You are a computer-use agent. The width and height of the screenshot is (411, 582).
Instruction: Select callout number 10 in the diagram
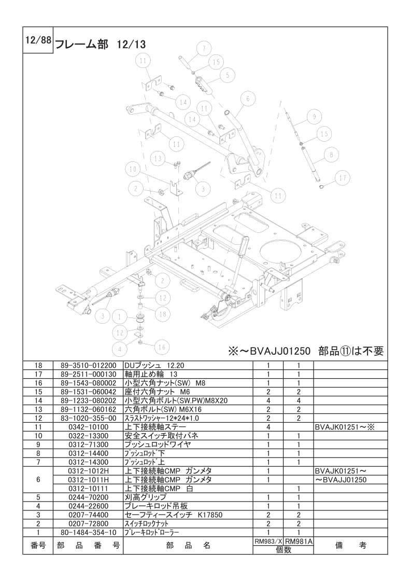[x=132, y=169]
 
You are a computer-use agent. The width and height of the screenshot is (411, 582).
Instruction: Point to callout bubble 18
[x=162, y=314]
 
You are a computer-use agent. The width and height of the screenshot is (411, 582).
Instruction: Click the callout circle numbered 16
[x=162, y=347]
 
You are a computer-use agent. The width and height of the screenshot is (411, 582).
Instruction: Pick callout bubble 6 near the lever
[x=248, y=99]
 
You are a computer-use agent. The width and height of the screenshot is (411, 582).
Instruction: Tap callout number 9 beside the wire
[x=311, y=118]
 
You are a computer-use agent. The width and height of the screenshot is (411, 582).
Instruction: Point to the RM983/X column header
[x=268, y=542]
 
